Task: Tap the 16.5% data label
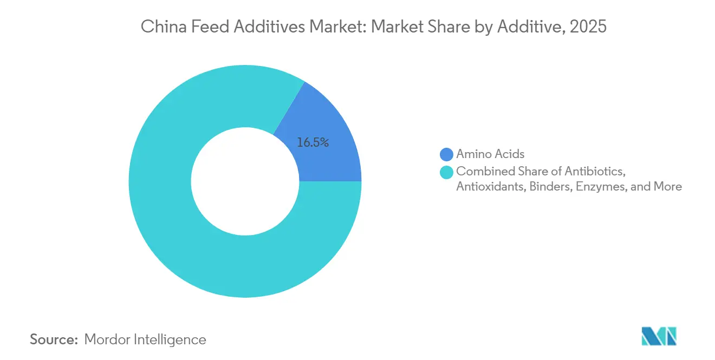click(313, 143)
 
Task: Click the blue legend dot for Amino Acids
click(446, 154)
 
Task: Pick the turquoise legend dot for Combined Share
click(446, 172)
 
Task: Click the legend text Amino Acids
click(490, 154)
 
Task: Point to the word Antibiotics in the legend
click(595, 172)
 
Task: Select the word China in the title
click(159, 27)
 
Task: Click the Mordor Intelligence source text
click(145, 339)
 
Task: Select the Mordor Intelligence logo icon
click(659, 336)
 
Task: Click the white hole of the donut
click(245, 181)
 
